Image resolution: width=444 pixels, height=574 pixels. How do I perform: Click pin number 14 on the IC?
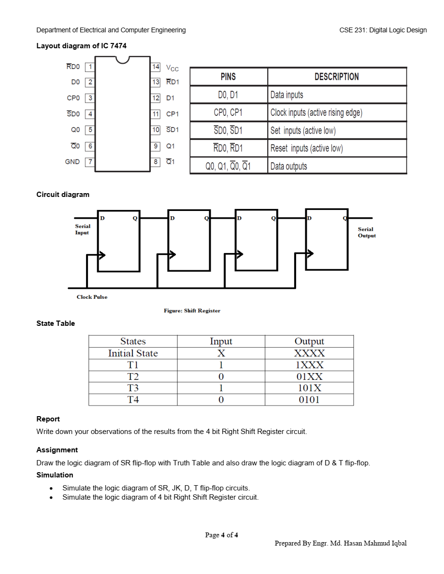[156, 67]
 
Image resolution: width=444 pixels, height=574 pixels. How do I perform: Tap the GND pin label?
[72, 162]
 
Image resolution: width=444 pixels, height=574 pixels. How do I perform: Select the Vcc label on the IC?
[172, 68]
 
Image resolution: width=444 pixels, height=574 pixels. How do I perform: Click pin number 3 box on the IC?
[90, 98]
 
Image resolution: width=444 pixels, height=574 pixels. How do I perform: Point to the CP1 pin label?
[172, 114]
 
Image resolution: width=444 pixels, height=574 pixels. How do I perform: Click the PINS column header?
[228, 77]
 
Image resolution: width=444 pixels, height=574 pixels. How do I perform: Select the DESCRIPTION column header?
[336, 77]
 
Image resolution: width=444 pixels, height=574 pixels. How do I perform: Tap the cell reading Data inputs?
[287, 95]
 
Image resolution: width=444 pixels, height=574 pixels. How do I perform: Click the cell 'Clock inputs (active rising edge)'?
[316, 112]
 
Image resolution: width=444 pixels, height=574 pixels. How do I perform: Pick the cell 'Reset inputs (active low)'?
[306, 148]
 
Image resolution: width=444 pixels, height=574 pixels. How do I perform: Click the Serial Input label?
[83, 229]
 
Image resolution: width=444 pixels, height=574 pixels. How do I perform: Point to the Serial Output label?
[366, 232]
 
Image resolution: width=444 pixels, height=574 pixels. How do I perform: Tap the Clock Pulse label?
[92, 297]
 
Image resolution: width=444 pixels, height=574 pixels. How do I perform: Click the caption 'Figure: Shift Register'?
[192, 310]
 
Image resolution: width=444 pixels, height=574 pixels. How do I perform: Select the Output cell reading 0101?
[309, 400]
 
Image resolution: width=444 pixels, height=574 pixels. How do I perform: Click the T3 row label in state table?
[133, 388]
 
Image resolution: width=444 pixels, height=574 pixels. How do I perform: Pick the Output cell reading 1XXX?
[309, 365]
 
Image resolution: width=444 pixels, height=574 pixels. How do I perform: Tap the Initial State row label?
[133, 353]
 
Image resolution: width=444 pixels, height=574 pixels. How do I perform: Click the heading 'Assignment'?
[57, 450]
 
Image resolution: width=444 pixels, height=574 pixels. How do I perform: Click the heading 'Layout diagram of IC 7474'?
[82, 46]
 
